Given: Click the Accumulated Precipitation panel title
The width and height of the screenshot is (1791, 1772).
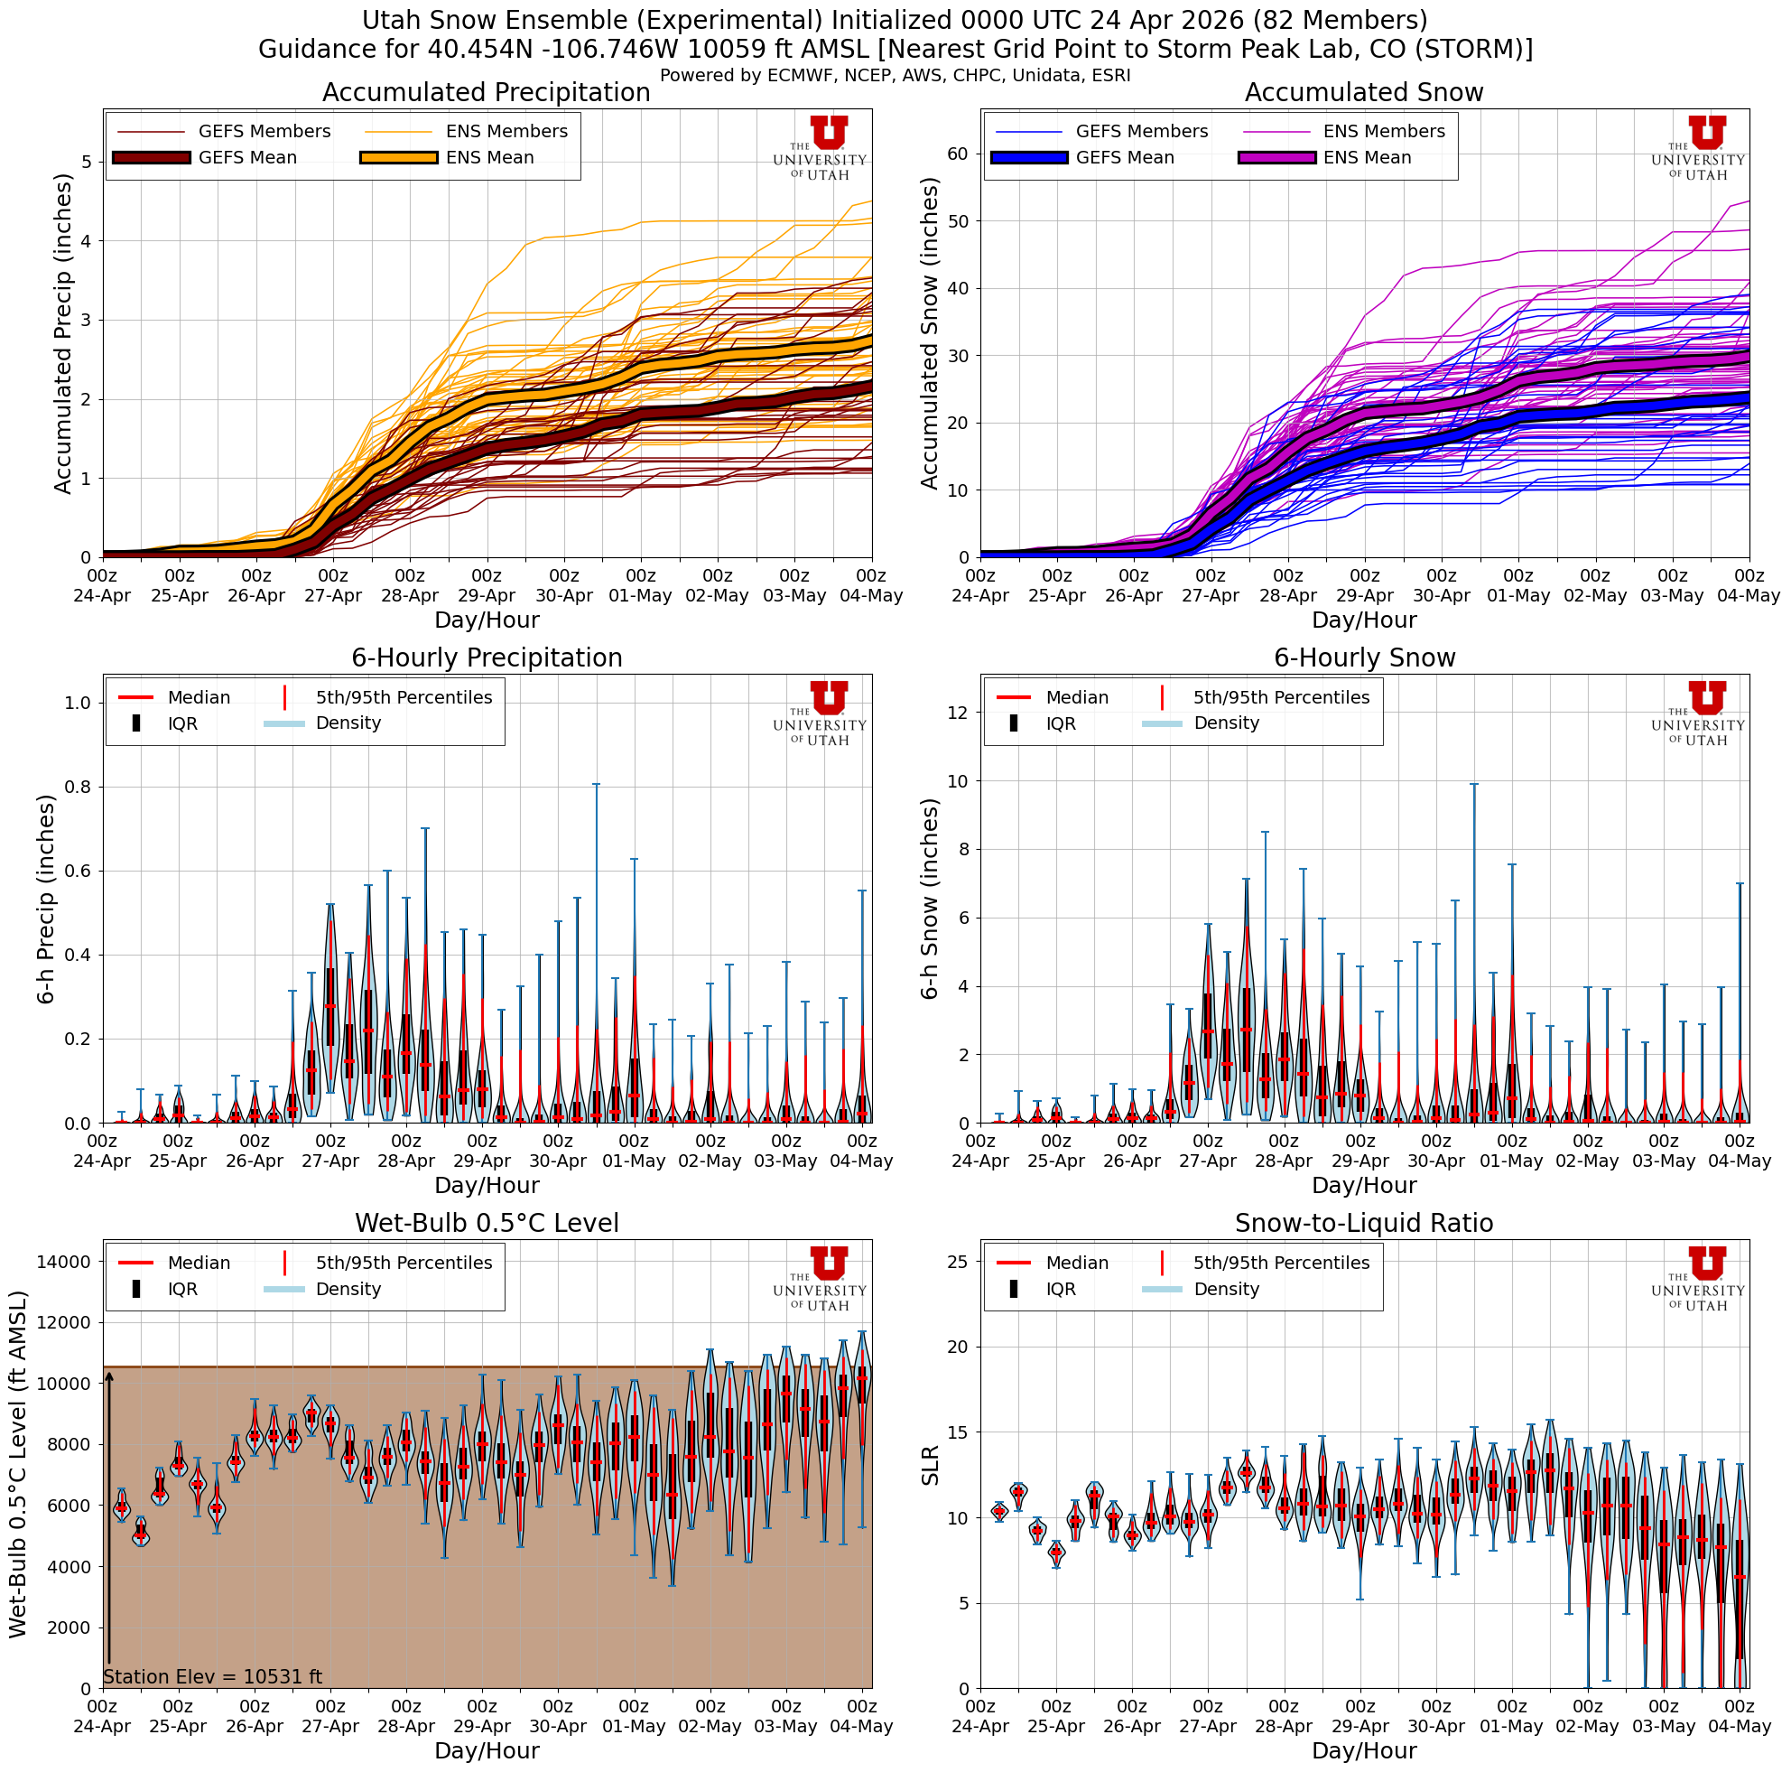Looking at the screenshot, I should click(x=486, y=93).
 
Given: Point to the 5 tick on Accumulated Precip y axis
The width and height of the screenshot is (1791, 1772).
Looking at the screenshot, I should click(x=87, y=163).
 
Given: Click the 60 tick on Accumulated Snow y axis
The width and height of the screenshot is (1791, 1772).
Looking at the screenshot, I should click(x=959, y=154).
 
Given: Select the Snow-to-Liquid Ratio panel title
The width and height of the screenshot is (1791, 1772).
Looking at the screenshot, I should click(x=1364, y=1223).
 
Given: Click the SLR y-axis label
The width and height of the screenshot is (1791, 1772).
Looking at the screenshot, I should click(x=930, y=1465).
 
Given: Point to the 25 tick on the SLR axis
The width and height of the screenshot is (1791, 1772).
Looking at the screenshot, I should click(x=959, y=1262).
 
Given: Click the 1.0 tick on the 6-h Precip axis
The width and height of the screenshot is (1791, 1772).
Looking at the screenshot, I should click(x=79, y=703).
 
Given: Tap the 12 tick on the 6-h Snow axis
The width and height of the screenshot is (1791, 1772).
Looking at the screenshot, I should click(x=959, y=712).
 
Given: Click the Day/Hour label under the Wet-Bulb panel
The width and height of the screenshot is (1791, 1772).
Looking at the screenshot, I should click(x=486, y=1750).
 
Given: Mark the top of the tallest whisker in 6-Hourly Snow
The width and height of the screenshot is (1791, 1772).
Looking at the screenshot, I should click(x=1473, y=785).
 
